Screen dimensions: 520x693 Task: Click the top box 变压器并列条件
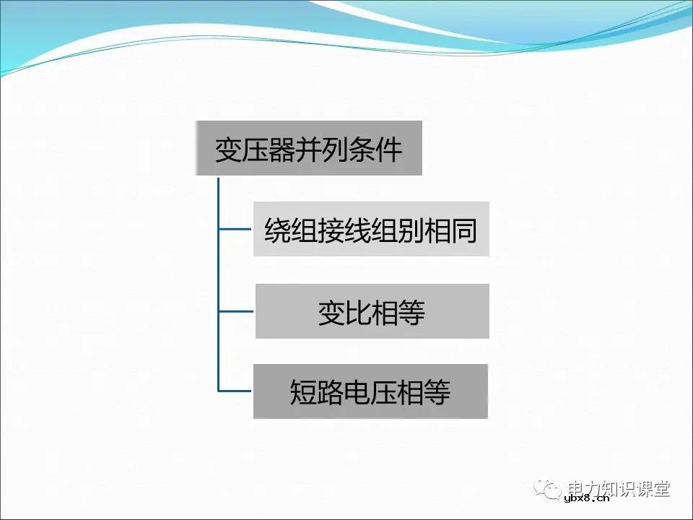click(x=308, y=148)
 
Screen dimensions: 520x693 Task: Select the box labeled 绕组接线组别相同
click(x=371, y=229)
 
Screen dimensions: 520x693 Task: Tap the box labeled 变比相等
click(x=372, y=311)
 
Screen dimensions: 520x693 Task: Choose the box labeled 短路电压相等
click(x=370, y=391)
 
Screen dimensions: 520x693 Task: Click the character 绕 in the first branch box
click(x=277, y=230)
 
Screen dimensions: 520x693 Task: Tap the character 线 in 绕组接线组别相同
click(x=357, y=230)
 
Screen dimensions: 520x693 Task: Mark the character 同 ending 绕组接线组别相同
click(x=464, y=230)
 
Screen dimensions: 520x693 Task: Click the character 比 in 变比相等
click(x=358, y=312)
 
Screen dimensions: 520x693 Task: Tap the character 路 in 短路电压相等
click(x=331, y=392)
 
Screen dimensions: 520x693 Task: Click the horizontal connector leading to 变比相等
click(x=236, y=311)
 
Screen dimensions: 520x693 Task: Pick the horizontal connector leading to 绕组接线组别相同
click(x=236, y=230)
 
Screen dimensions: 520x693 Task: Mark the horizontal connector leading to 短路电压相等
click(x=236, y=391)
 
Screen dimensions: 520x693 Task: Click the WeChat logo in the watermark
click(x=549, y=489)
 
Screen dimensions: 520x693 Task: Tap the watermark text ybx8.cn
click(x=586, y=497)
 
